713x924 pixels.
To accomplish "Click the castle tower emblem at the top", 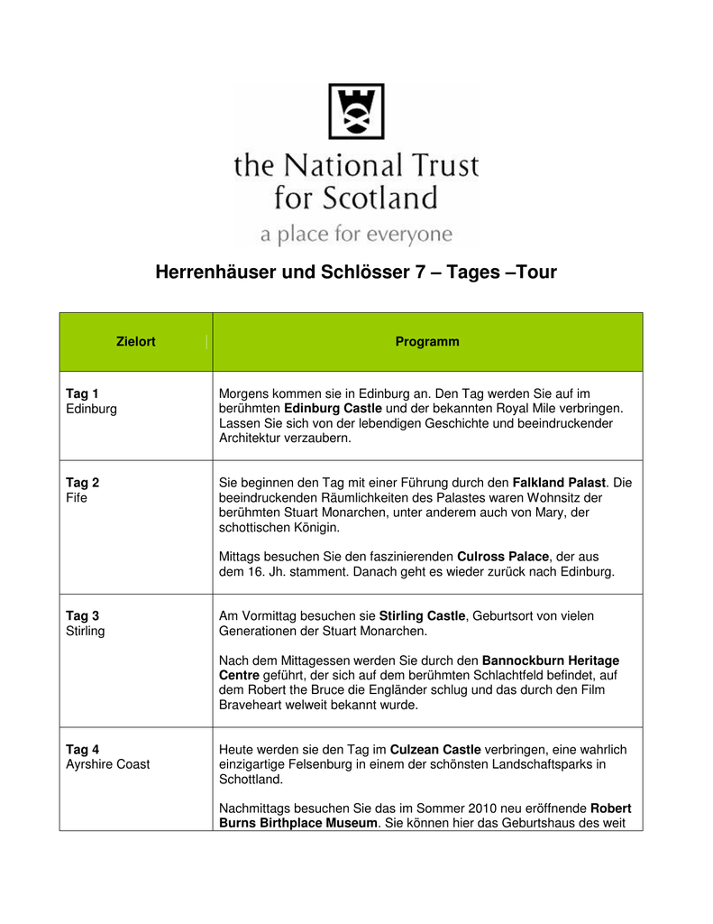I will [x=356, y=111].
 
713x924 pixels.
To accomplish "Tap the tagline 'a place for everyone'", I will [x=356, y=235].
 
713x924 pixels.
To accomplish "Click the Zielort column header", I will [x=136, y=342].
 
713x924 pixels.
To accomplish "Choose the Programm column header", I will [x=427, y=342].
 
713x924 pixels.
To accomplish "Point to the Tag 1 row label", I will [x=83, y=393].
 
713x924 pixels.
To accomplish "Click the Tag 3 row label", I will [x=83, y=616].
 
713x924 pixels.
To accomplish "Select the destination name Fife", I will [x=77, y=497].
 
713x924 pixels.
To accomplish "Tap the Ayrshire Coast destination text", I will [x=108, y=764].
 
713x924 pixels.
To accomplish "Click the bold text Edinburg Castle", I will [x=333, y=408].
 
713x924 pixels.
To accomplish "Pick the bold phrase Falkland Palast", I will [x=560, y=483].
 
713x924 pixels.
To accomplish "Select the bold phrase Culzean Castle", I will [x=435, y=750].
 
